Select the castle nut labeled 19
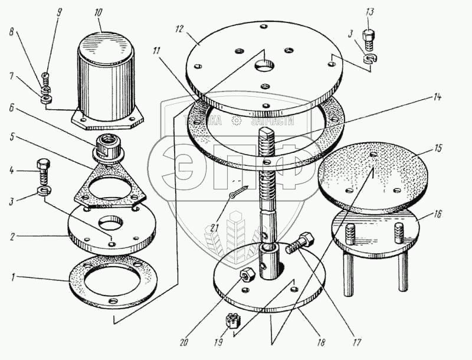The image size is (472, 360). (x=232, y=322)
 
